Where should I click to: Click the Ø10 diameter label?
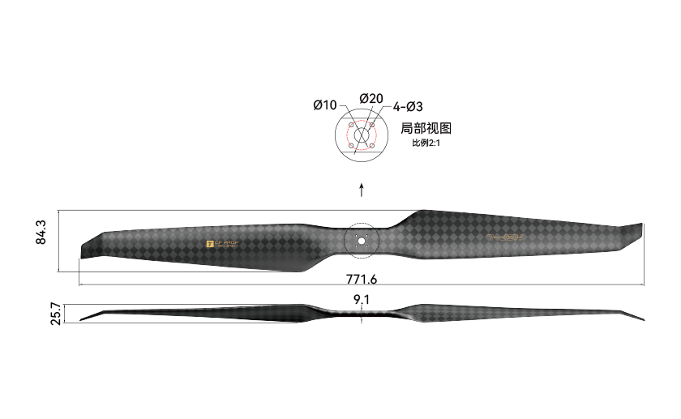[x=325, y=105]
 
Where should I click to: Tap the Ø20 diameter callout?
[x=371, y=98]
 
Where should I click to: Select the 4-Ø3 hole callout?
[x=408, y=106]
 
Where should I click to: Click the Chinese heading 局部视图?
[x=426, y=128]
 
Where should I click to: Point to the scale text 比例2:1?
[x=426, y=143]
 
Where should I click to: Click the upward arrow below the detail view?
[x=362, y=190]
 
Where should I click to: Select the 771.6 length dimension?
[x=362, y=279]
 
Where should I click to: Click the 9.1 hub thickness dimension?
[x=362, y=300]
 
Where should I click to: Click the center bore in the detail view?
[x=361, y=136]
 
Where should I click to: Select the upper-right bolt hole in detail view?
[x=371, y=126]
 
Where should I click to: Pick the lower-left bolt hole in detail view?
[x=350, y=147]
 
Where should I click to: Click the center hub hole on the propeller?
[x=362, y=241]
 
